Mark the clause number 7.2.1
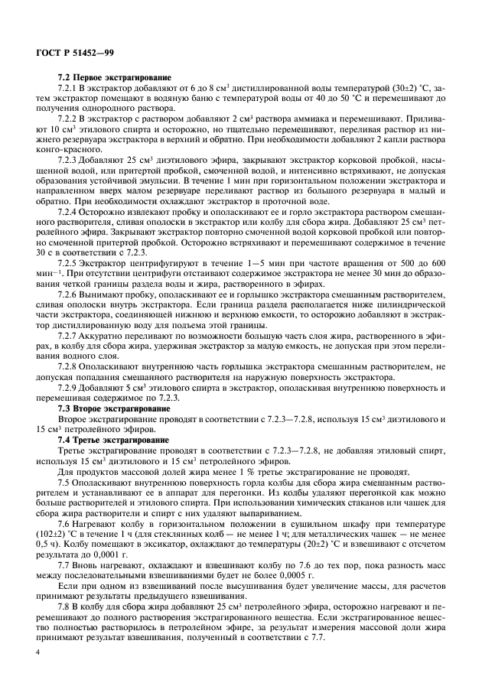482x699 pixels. tap(71, 88)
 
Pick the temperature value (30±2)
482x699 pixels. tap(377, 88)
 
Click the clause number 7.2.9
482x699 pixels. tap(71, 389)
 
